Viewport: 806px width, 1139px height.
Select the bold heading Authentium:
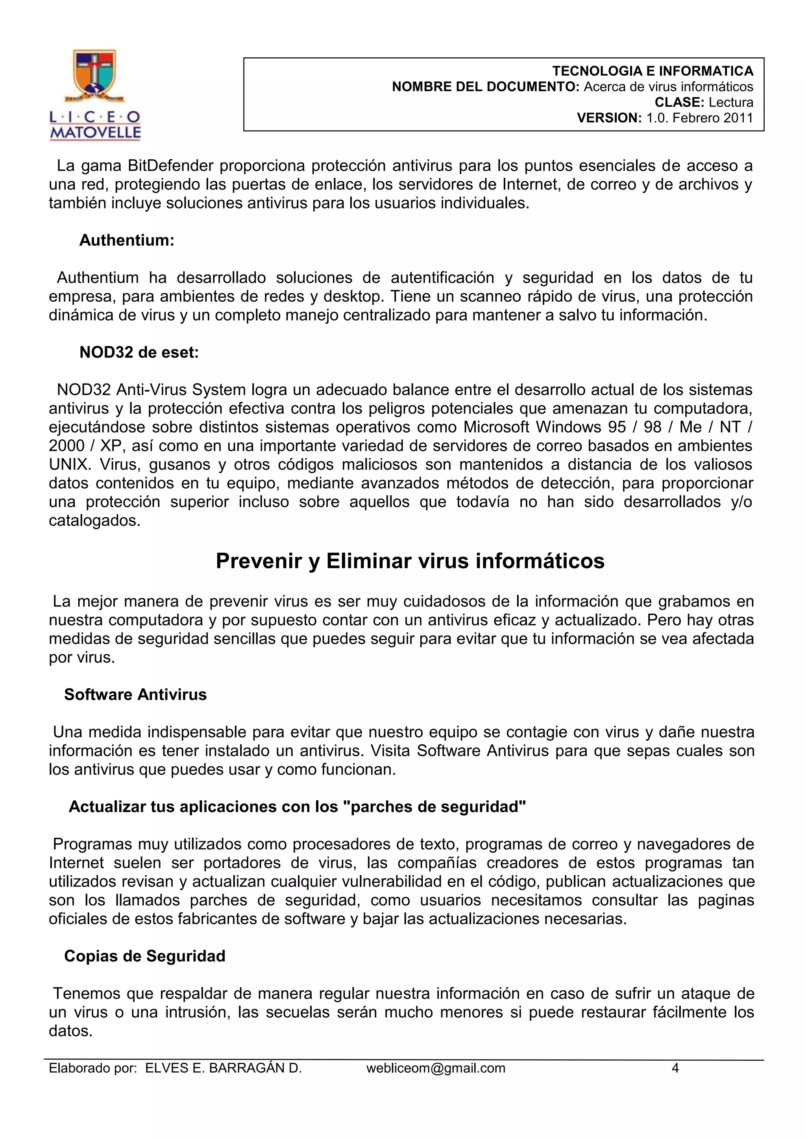pos(127,240)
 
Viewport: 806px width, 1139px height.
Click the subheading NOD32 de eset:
pos(139,352)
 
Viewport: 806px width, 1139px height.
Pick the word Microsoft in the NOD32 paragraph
pos(497,427)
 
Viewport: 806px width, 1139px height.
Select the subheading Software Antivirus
pos(135,695)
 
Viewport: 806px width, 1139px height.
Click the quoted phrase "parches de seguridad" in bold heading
pos(434,807)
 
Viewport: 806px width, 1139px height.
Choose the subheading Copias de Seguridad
pos(144,956)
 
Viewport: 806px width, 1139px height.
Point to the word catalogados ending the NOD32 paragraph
pos(94,520)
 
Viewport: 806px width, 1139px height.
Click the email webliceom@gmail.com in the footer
pos(435,1068)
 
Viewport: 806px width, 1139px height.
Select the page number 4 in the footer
pos(675,1068)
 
